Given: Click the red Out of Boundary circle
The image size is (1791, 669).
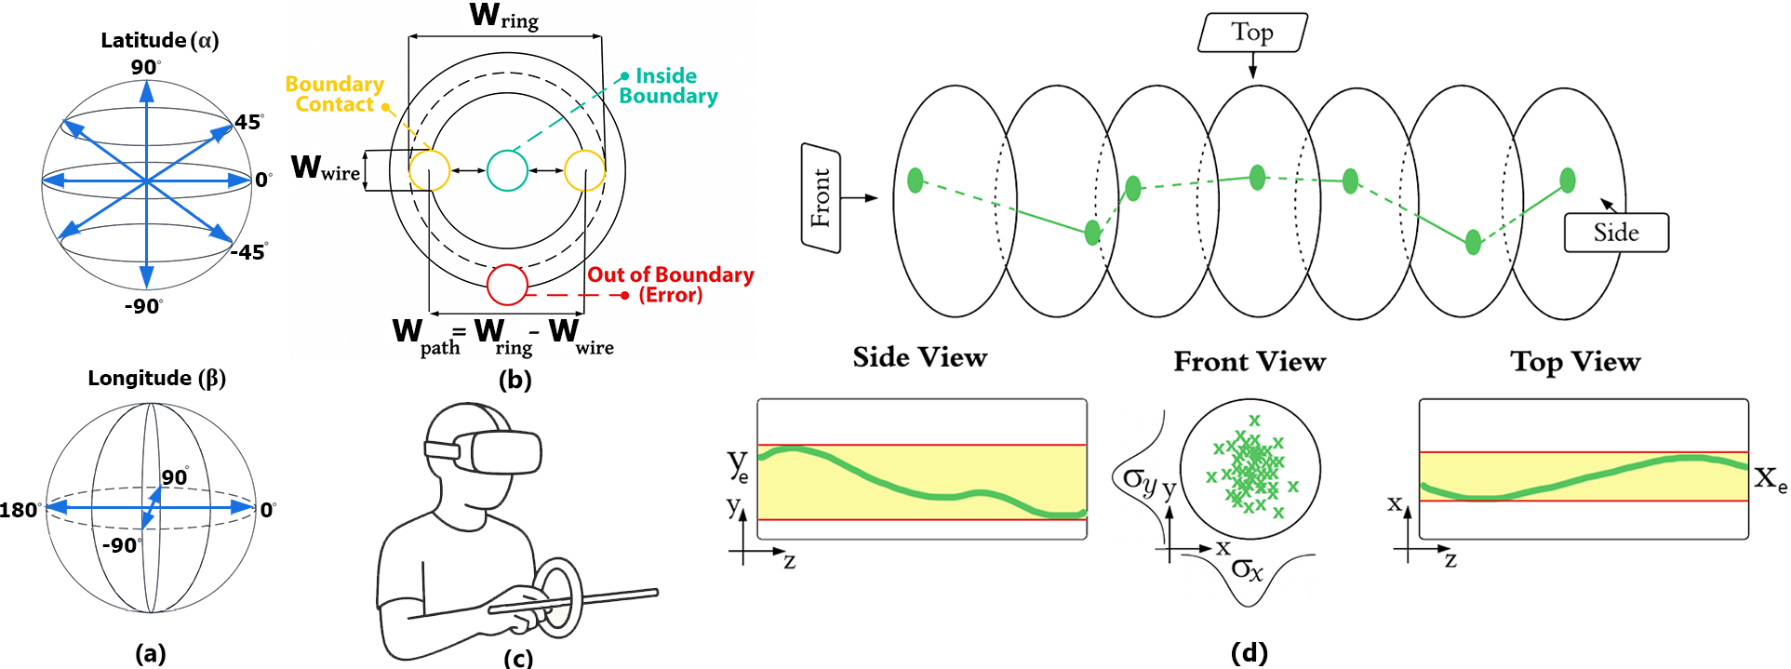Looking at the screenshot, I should click(x=508, y=285).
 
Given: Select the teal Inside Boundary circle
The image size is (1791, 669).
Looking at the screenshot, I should click(x=508, y=171).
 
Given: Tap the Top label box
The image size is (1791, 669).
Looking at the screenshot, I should click(x=1252, y=33).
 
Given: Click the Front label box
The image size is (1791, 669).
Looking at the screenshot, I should click(x=821, y=198).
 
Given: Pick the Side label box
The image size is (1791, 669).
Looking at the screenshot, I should click(x=1616, y=233).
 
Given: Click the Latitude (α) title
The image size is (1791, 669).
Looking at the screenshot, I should click(x=160, y=40).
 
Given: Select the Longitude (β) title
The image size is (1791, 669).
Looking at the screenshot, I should click(x=157, y=378).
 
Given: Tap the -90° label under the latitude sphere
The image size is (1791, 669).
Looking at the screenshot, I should click(x=143, y=306).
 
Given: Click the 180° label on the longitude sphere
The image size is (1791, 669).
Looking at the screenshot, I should click(x=20, y=510).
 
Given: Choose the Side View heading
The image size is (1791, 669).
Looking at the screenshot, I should click(x=920, y=357).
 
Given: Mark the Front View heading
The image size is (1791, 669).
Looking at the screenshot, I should click(x=1250, y=361).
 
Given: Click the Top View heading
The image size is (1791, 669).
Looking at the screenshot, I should click(x=1575, y=361).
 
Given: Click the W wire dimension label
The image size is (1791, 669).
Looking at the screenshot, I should click(x=326, y=168).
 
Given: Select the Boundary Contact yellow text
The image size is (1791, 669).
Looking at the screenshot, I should click(x=335, y=94).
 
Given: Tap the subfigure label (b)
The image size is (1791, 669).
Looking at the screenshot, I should click(x=515, y=379).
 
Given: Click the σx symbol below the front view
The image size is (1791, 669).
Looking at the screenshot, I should click(x=1247, y=569).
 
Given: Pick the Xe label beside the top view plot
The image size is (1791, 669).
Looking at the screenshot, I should click(x=1770, y=479).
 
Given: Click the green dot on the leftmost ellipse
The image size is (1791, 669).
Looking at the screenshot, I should click(x=916, y=180).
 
